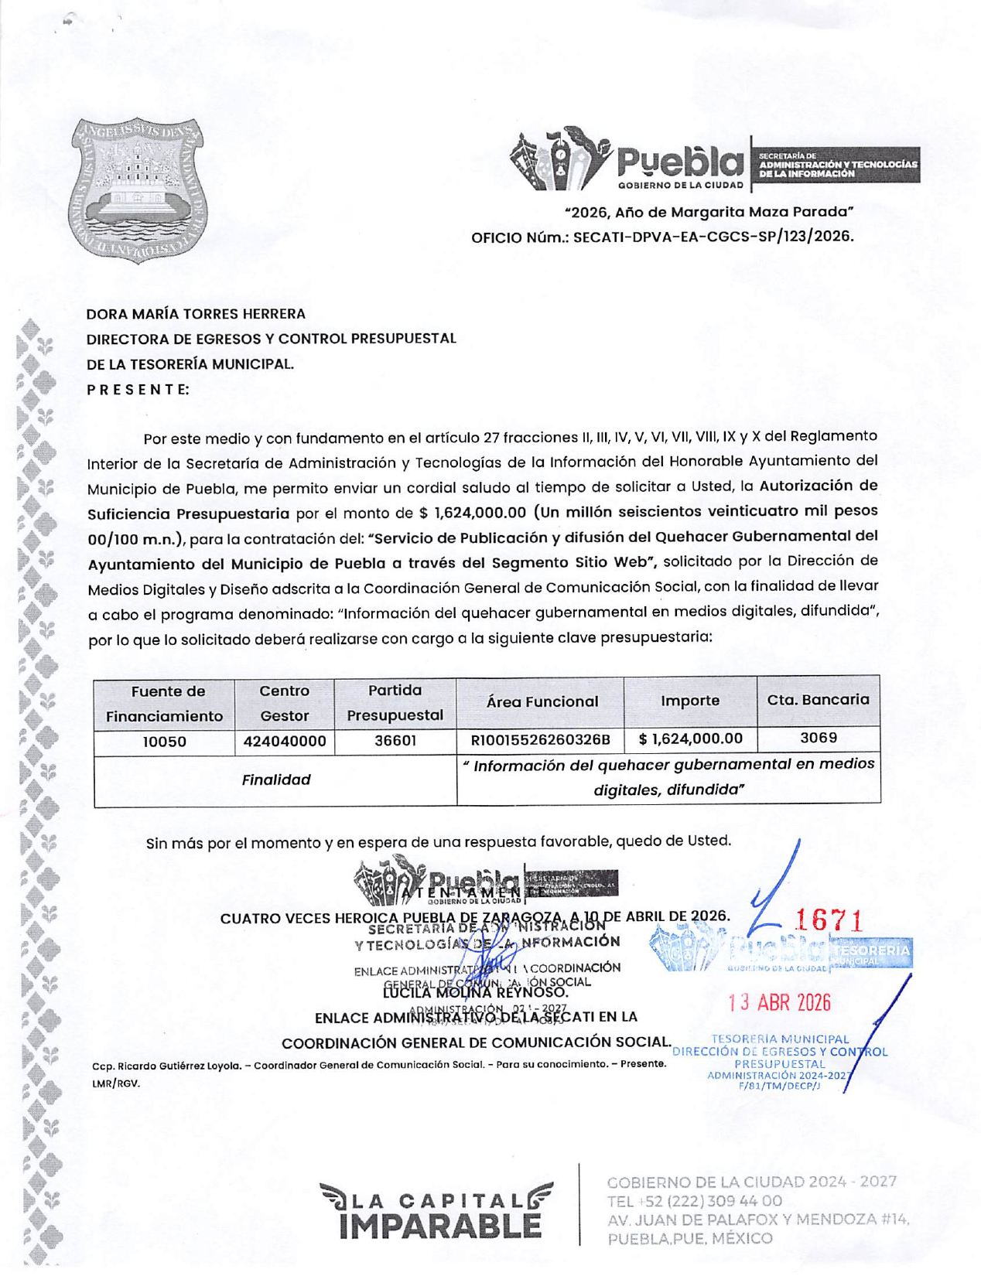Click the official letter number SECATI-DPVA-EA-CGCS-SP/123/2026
[713, 237]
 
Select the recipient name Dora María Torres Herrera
[196, 314]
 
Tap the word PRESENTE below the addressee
[138, 389]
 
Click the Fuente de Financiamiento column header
[165, 703]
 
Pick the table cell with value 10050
[165, 742]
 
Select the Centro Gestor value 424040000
[285, 742]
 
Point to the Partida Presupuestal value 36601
[395, 741]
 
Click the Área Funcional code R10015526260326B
[540, 740]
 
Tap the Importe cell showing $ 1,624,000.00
[690, 739]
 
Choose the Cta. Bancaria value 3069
[818, 739]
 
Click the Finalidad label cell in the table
[275, 780]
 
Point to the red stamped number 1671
[829, 920]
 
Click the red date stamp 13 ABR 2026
[779, 1003]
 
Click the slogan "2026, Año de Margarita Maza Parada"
[709, 212]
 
